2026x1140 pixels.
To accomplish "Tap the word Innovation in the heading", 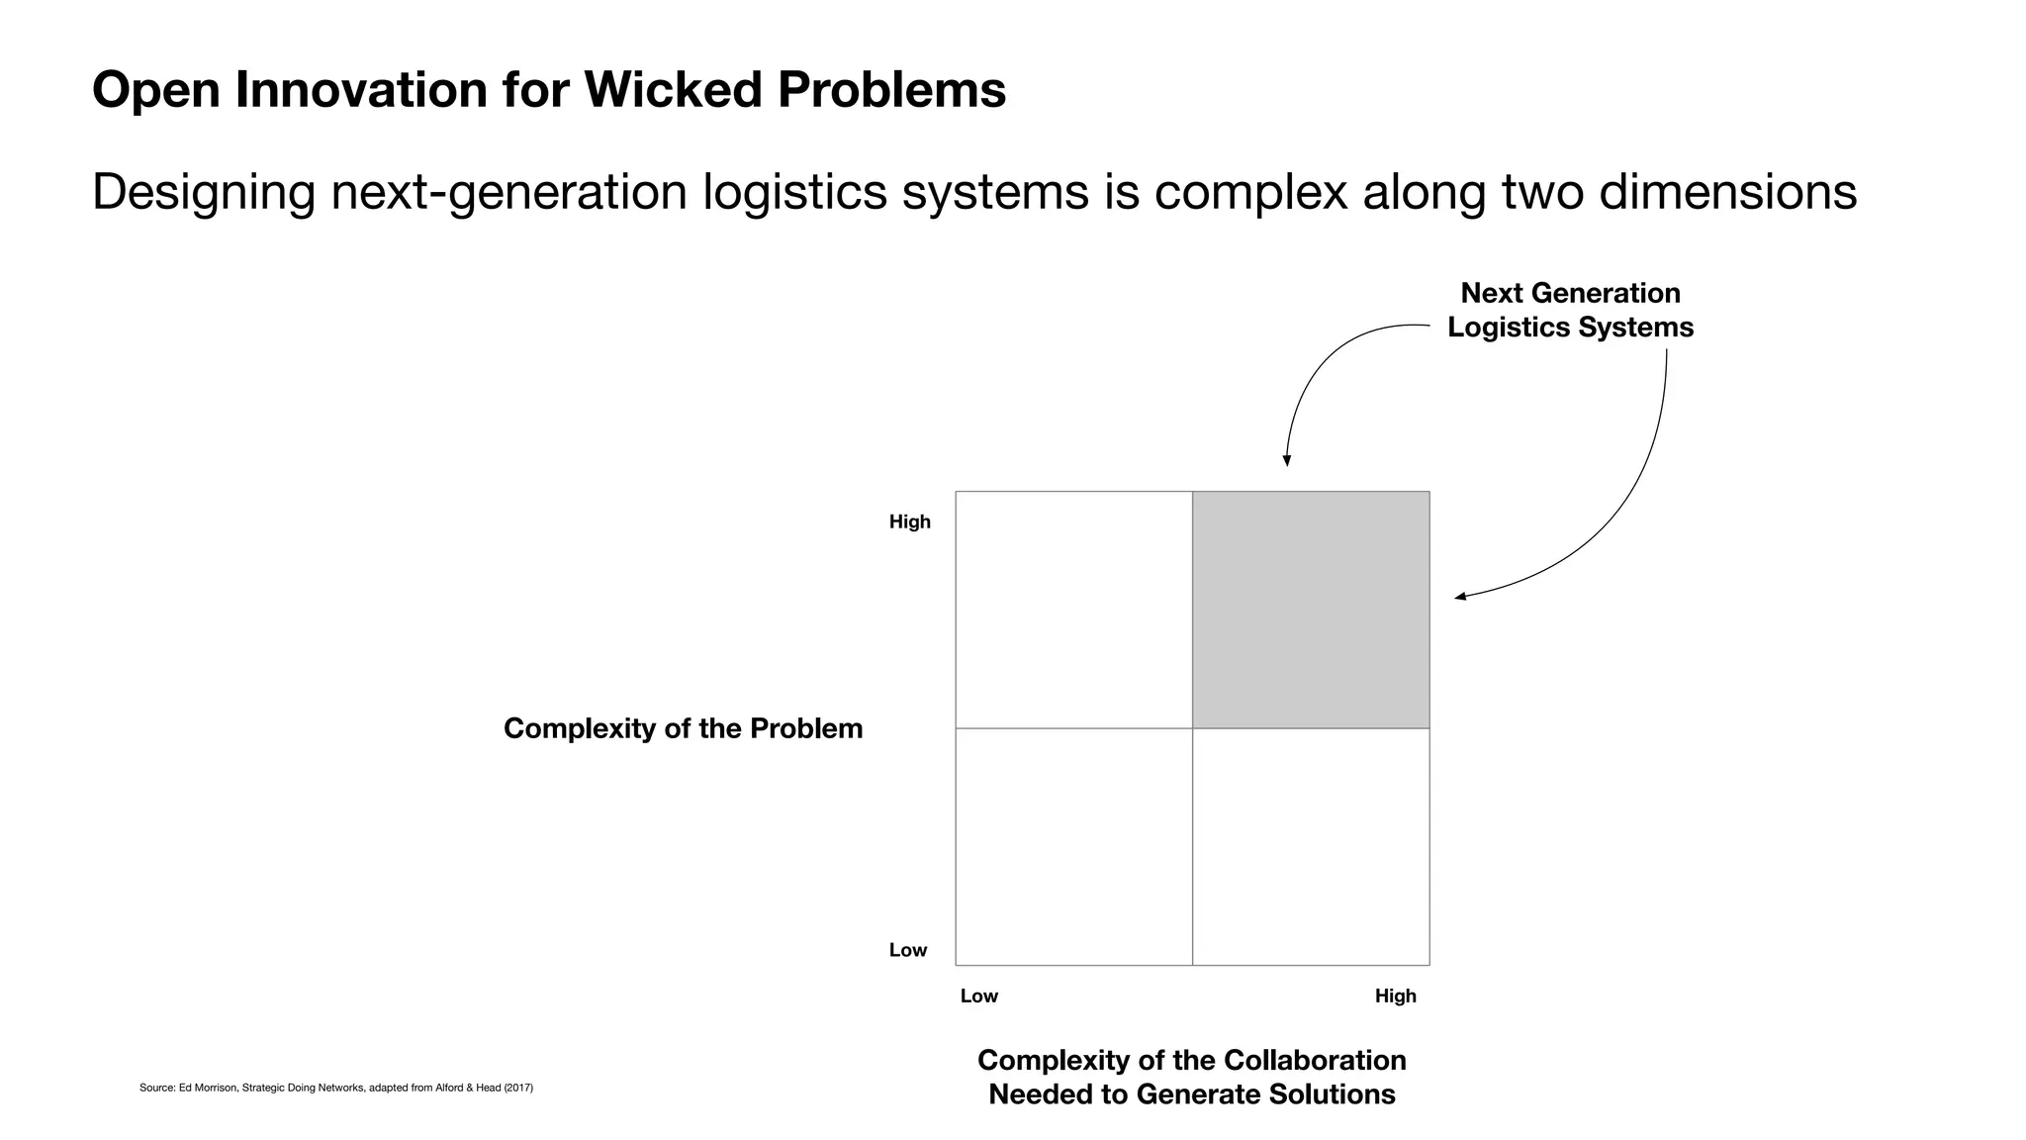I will point(361,90).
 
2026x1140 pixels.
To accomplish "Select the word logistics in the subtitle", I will point(794,192).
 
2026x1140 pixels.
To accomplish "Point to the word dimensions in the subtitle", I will point(1727,192).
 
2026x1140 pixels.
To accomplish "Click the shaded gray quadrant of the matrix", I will point(1311,610).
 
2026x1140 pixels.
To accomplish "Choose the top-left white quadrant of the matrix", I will point(1073,610).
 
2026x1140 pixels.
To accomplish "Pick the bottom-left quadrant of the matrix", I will point(1073,847).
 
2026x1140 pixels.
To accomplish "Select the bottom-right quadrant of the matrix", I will point(1311,847).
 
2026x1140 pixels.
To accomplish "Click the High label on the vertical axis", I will point(909,522).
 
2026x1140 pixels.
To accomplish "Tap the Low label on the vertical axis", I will point(908,950).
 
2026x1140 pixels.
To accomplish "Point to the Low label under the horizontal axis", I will point(978,996).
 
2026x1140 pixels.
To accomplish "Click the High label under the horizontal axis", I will point(1395,996).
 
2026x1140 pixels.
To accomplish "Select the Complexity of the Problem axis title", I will point(683,728).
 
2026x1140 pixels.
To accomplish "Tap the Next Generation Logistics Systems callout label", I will point(1570,310).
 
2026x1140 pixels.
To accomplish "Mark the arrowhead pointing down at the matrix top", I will point(1287,460).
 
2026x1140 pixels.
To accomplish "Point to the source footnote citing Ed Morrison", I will point(335,1088).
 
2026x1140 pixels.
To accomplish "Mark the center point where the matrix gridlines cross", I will point(1192,728).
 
